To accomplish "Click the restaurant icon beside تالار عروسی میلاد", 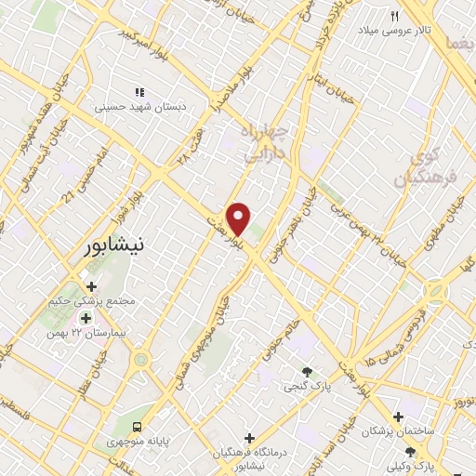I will point(394,17).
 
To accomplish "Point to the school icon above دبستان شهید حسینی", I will point(140,92).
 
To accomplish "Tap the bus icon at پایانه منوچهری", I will point(138,425).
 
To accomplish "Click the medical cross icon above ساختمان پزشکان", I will point(398,416).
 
